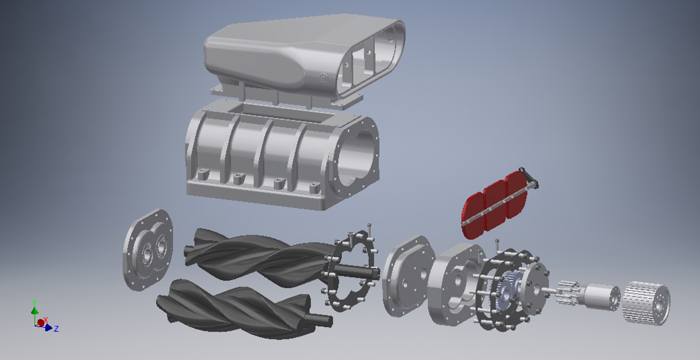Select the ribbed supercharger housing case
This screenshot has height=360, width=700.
[x=255, y=153]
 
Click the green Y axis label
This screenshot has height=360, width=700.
[x=34, y=303]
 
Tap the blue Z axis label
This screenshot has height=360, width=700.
[x=56, y=329]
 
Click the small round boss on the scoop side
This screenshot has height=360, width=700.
[x=323, y=78]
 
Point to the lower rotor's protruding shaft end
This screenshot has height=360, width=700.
[x=323, y=320]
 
